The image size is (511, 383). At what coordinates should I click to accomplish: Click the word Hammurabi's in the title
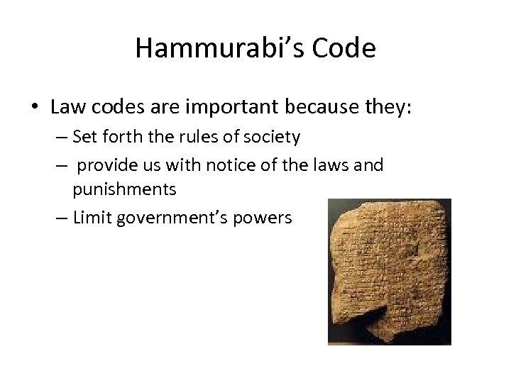click(x=219, y=48)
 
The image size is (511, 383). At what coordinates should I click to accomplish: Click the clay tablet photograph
click(x=389, y=272)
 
